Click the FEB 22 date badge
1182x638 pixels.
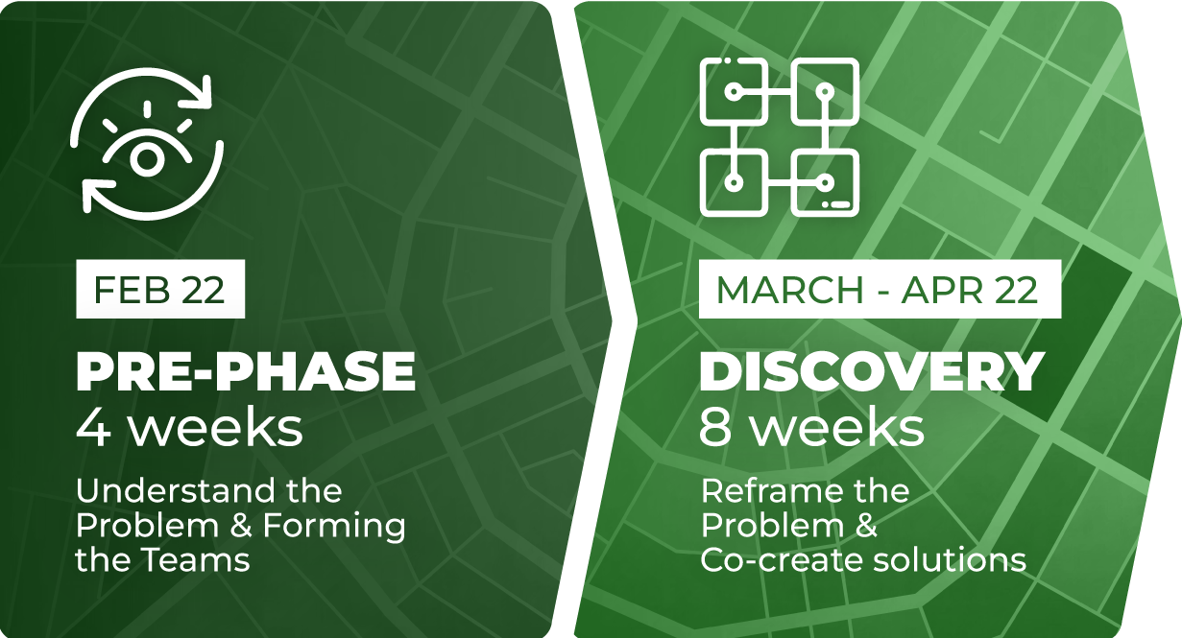coord(160,289)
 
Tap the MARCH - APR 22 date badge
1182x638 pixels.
coord(880,289)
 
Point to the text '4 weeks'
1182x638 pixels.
coord(189,428)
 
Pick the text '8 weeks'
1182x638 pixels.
coord(812,428)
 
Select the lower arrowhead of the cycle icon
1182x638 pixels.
coord(98,195)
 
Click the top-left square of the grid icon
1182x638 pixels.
coord(734,91)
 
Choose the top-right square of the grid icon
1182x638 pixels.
coord(826,91)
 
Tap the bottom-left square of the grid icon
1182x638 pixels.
coord(734,182)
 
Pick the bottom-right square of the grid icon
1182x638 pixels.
coord(826,182)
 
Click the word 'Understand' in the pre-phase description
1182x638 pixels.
coord(176,491)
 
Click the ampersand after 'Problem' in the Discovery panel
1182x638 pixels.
coord(865,526)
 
